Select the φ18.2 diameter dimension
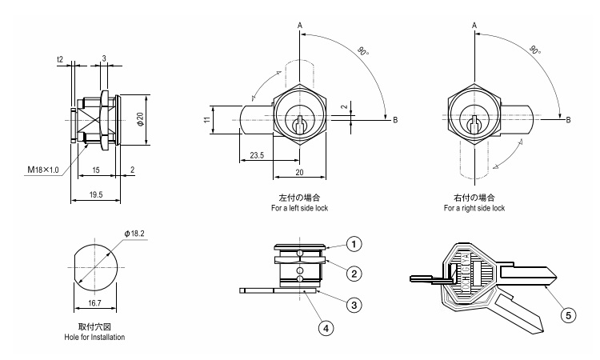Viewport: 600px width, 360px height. [135, 234]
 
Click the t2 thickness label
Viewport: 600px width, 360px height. [60, 59]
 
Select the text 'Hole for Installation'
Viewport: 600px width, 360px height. [94, 338]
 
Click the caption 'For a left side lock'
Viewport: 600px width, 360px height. [300, 208]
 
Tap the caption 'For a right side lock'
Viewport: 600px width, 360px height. [474, 208]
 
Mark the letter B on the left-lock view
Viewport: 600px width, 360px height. [394, 120]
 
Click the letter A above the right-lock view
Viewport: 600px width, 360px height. [474, 26]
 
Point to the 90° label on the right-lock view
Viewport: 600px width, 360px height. [533, 49]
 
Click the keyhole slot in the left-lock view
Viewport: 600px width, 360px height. [299, 125]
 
